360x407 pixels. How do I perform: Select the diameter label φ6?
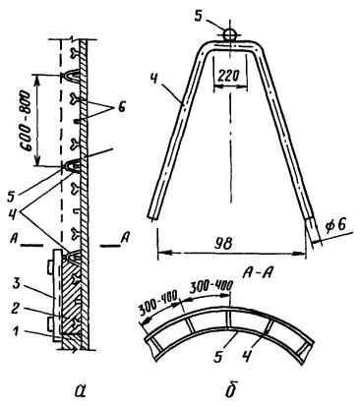336,225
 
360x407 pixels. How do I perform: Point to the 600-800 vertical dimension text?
28,121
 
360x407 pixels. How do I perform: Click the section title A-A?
258,272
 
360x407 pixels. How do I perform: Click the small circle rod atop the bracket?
230,33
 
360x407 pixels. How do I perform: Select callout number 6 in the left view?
122,107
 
